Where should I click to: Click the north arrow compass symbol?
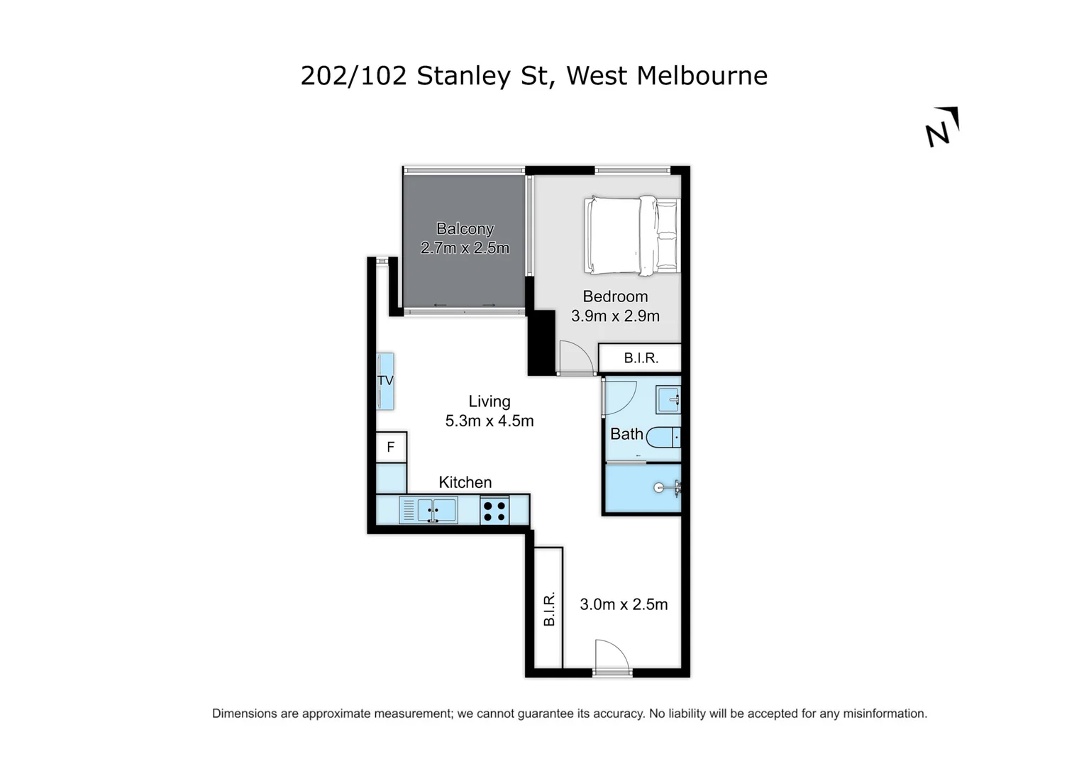point(942,128)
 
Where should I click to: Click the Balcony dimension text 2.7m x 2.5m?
point(465,248)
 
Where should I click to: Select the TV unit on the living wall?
point(385,381)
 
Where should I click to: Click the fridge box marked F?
point(391,448)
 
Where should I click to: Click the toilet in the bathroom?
point(663,437)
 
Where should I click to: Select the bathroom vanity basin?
point(668,399)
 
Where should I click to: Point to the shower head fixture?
point(667,487)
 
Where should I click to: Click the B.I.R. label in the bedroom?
point(641,358)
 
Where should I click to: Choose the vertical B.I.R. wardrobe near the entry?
point(548,608)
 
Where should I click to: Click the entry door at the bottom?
point(612,657)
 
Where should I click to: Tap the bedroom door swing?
point(575,357)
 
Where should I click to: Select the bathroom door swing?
point(619,398)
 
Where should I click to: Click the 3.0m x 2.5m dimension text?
point(624,604)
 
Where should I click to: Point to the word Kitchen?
point(465,482)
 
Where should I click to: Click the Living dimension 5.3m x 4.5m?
point(489,421)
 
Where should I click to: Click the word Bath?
point(626,434)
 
